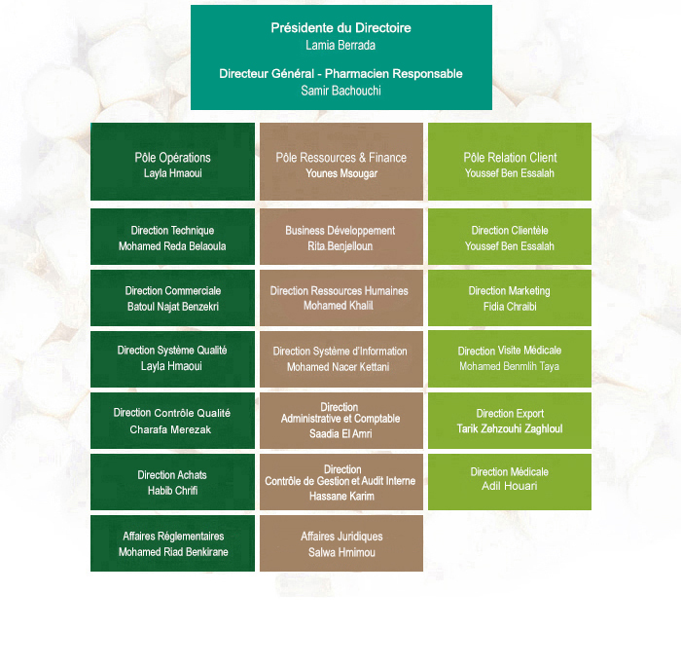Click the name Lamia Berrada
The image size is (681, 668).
[340, 45]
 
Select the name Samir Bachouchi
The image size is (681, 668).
[340, 91]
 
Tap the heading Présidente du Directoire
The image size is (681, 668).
[340, 28]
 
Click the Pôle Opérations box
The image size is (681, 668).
[172, 162]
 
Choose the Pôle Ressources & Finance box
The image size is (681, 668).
[341, 162]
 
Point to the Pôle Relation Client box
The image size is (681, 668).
[510, 162]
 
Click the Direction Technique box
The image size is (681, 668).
[172, 237]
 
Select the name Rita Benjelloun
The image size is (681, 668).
[340, 246]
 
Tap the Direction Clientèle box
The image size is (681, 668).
[510, 237]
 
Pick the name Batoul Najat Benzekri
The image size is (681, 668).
[173, 307]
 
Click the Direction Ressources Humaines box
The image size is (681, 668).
[341, 298]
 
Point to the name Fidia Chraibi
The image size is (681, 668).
[510, 307]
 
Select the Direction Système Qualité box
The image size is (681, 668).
[172, 359]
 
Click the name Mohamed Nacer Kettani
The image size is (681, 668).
[339, 367]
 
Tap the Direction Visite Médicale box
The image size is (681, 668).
[510, 359]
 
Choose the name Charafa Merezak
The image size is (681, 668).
[170, 429]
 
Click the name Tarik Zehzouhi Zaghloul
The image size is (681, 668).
[510, 428]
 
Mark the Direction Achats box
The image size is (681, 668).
[172, 482]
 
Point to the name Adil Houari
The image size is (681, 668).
[510, 486]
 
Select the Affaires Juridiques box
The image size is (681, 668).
[341, 543]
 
